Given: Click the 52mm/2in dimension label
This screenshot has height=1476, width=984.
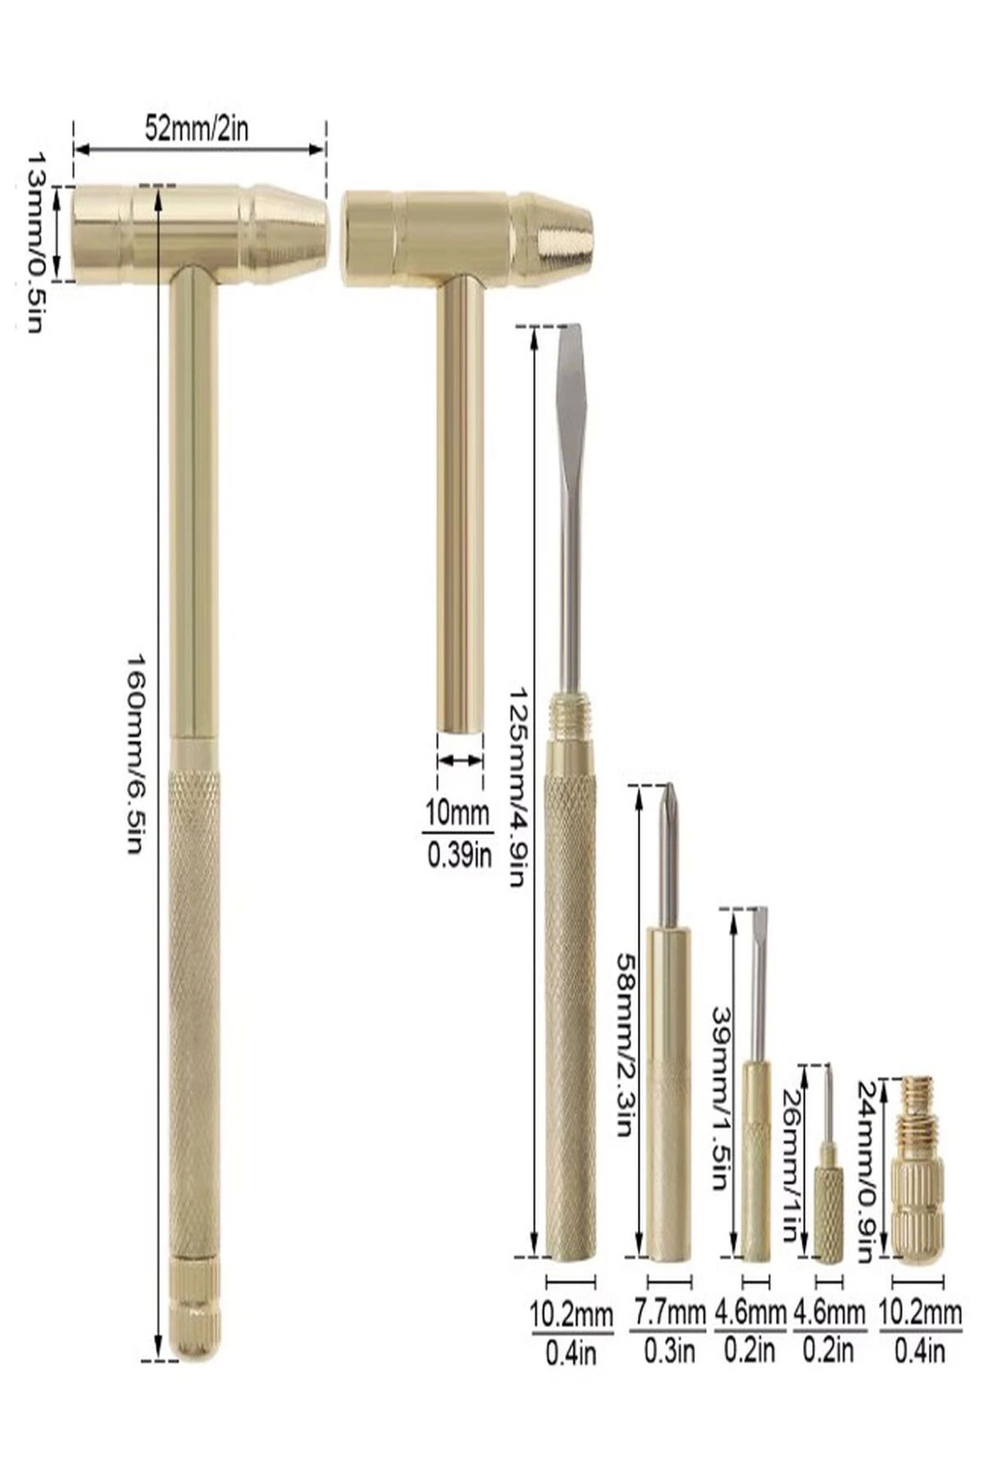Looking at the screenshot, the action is coord(197,129).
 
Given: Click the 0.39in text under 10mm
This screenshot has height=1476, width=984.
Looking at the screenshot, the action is coord(458,855).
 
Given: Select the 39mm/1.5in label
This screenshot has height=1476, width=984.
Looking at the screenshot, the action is coord(719,1098).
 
